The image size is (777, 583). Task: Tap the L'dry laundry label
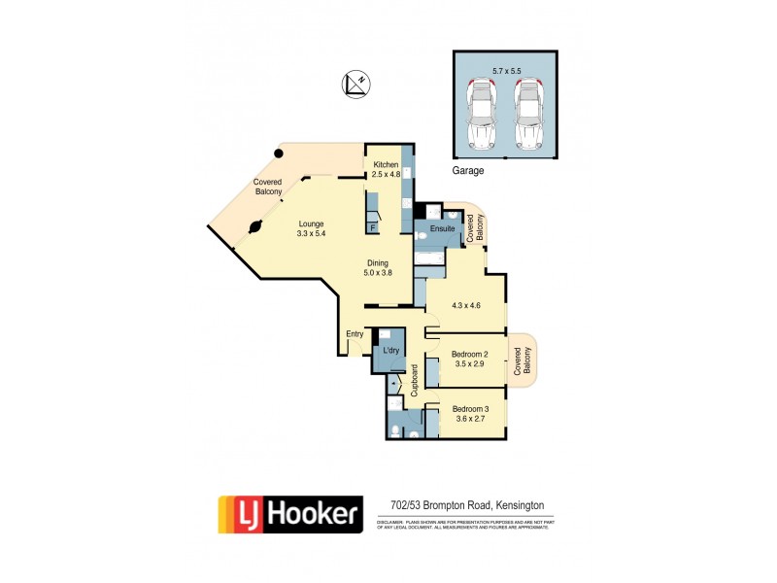(391, 350)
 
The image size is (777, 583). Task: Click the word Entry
(355, 334)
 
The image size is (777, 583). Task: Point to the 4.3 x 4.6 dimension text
(466, 306)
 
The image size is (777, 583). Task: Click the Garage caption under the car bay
(468, 170)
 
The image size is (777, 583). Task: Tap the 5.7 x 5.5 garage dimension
(505, 70)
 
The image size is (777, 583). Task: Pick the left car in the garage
(481, 113)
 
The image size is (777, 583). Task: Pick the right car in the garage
(528, 113)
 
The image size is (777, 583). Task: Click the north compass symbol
(355, 85)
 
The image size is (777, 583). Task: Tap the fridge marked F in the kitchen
(372, 227)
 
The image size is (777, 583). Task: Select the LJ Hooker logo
(288, 514)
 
